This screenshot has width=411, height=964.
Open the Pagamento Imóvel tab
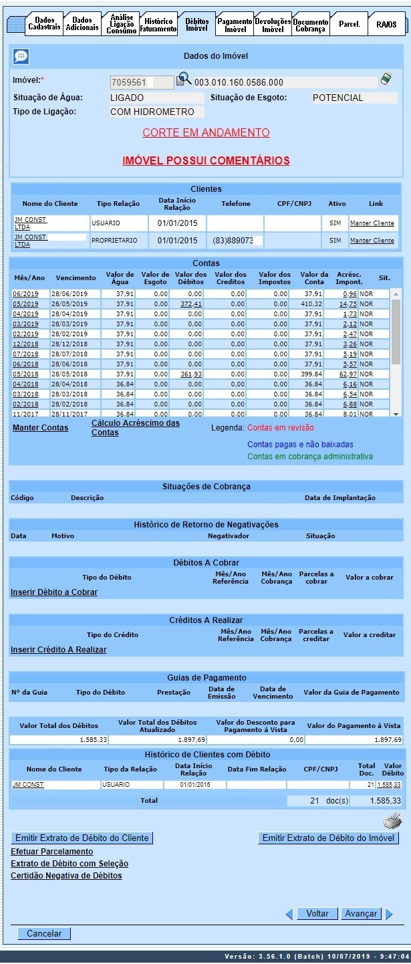click(235, 25)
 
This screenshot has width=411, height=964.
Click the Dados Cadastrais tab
click(44, 24)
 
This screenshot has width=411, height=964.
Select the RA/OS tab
click(386, 25)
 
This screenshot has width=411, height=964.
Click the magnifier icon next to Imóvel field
click(183, 81)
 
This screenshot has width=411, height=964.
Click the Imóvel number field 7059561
click(132, 82)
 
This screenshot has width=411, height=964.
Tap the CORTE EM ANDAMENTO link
click(206, 133)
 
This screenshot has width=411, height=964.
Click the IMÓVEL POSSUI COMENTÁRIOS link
click(206, 160)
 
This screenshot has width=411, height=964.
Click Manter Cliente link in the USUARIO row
click(372, 223)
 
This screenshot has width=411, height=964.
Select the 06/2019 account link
click(25, 294)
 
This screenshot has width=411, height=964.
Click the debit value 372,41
click(191, 304)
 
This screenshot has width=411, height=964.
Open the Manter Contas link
click(40, 428)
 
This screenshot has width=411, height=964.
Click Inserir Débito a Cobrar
click(54, 592)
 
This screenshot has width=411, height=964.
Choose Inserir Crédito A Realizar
click(58, 650)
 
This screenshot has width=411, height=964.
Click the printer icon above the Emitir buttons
click(392, 821)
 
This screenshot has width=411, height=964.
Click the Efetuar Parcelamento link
click(52, 852)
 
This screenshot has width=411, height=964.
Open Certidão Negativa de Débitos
click(66, 876)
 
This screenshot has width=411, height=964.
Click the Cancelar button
click(44, 934)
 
